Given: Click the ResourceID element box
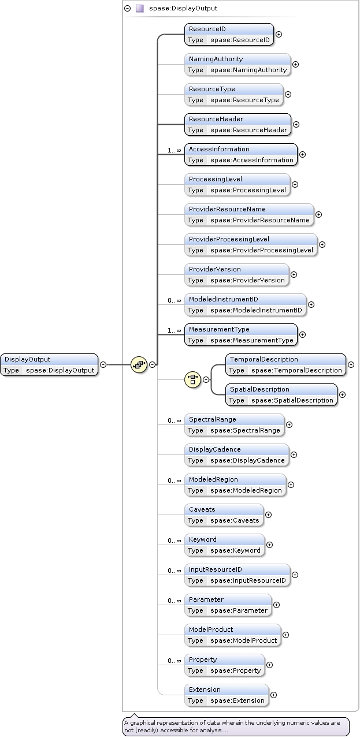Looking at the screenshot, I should (229, 34).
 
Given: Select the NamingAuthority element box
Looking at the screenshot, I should (237, 64).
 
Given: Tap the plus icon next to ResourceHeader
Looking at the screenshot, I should (296, 124).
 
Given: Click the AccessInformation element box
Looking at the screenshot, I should (241, 154).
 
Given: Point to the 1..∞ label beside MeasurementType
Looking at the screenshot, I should (175, 330).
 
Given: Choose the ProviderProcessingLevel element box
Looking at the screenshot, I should (251, 244).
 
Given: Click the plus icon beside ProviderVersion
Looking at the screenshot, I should (294, 275).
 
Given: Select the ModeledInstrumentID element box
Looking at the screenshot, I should (245, 304).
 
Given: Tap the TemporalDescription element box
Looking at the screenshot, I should (285, 364).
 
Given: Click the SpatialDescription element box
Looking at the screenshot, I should (281, 394).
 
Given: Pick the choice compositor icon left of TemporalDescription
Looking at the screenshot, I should (192, 379).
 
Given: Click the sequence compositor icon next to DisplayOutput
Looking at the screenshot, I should (139, 364).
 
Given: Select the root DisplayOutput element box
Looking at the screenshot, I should (49, 364).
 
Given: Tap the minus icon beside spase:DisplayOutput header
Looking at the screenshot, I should (128, 9).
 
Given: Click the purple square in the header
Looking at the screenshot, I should (139, 9).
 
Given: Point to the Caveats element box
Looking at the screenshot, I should (224, 515).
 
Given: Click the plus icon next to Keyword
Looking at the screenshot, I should (270, 545).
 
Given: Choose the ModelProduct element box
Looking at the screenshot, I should (233, 635).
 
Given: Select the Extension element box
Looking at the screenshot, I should (227, 695).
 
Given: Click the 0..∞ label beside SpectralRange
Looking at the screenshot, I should (175, 420).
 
